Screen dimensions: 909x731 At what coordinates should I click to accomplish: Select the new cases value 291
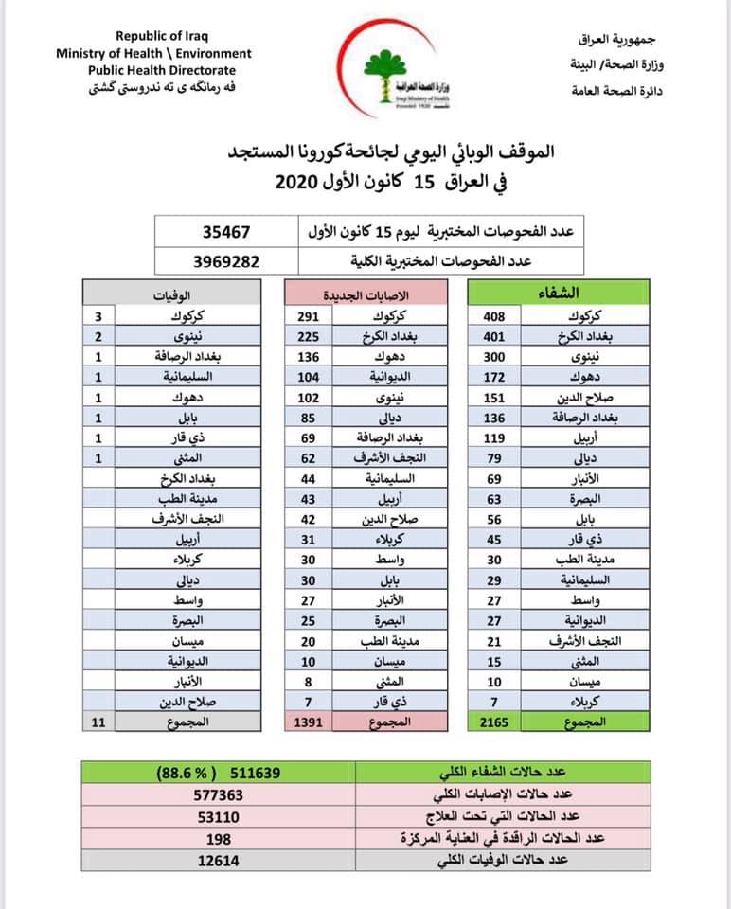click(x=307, y=317)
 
